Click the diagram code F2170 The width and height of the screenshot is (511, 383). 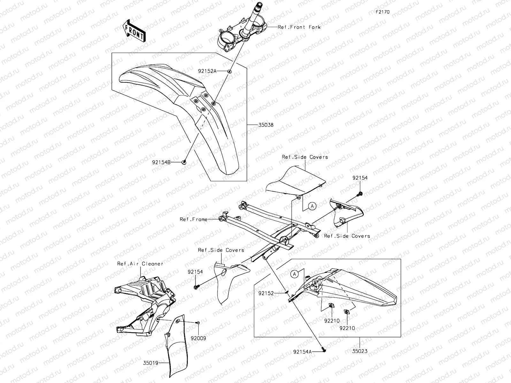pyautogui.click(x=382, y=12)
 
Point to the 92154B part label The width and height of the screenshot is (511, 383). pyautogui.click(x=161, y=162)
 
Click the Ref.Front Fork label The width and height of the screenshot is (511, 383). pyautogui.click(x=299, y=27)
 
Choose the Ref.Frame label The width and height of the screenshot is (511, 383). pyautogui.click(x=194, y=219)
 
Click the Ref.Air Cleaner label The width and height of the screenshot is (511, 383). pyautogui.click(x=140, y=264)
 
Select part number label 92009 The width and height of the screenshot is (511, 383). pyautogui.click(x=198, y=338)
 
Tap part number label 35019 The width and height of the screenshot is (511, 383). pyautogui.click(x=151, y=363)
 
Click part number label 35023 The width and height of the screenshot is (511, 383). pyautogui.click(x=360, y=351)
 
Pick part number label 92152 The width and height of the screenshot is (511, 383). pyautogui.click(x=266, y=293)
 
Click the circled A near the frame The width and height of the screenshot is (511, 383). pyautogui.click(x=313, y=206)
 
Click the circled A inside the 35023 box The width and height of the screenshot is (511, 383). pyautogui.click(x=295, y=274)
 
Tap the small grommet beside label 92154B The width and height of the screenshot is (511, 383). pyautogui.click(x=184, y=162)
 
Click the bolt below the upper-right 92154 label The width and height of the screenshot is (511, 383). pyautogui.click(x=360, y=193)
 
